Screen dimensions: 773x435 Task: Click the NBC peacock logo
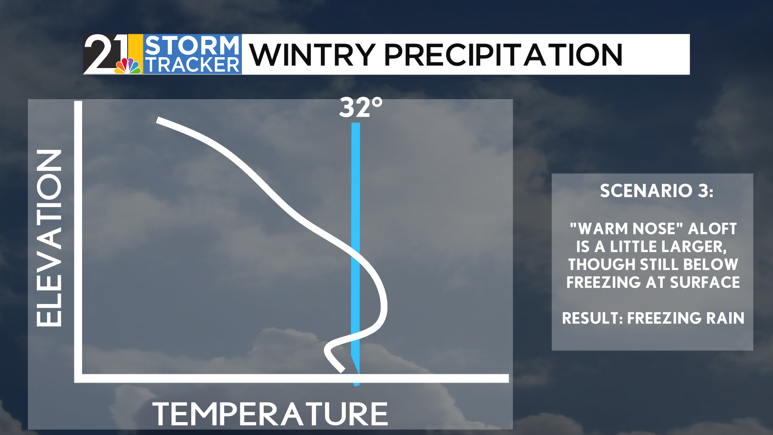[128, 66]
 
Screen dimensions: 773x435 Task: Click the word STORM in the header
[192, 45]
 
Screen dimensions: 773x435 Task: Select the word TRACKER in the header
[192, 64]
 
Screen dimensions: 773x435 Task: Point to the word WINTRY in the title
[312, 55]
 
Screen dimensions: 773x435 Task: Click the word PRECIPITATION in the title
[503, 55]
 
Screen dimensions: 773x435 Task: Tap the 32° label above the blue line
[360, 108]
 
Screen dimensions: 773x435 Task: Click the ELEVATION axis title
[49, 238]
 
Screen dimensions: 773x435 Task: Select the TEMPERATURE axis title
[270, 414]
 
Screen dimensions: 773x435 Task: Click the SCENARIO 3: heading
[656, 191]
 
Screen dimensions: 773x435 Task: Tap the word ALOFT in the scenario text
[712, 228]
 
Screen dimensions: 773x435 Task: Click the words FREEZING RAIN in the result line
[686, 318]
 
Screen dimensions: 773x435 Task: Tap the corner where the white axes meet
[78, 378]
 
